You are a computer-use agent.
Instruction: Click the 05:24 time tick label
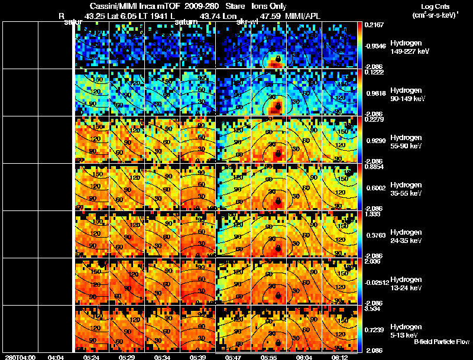tap(91, 357)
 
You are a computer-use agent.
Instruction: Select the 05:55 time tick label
tap(269, 357)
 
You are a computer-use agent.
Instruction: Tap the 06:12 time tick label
tap(340, 357)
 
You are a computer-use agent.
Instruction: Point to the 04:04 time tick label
tap(56, 357)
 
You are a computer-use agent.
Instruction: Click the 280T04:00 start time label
tap(20, 357)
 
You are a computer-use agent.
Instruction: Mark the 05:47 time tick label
tap(234, 357)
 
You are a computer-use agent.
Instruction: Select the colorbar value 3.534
tap(376, 309)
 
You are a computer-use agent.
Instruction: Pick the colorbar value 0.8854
tap(376, 167)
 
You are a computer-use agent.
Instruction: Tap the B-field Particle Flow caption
tap(441, 342)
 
